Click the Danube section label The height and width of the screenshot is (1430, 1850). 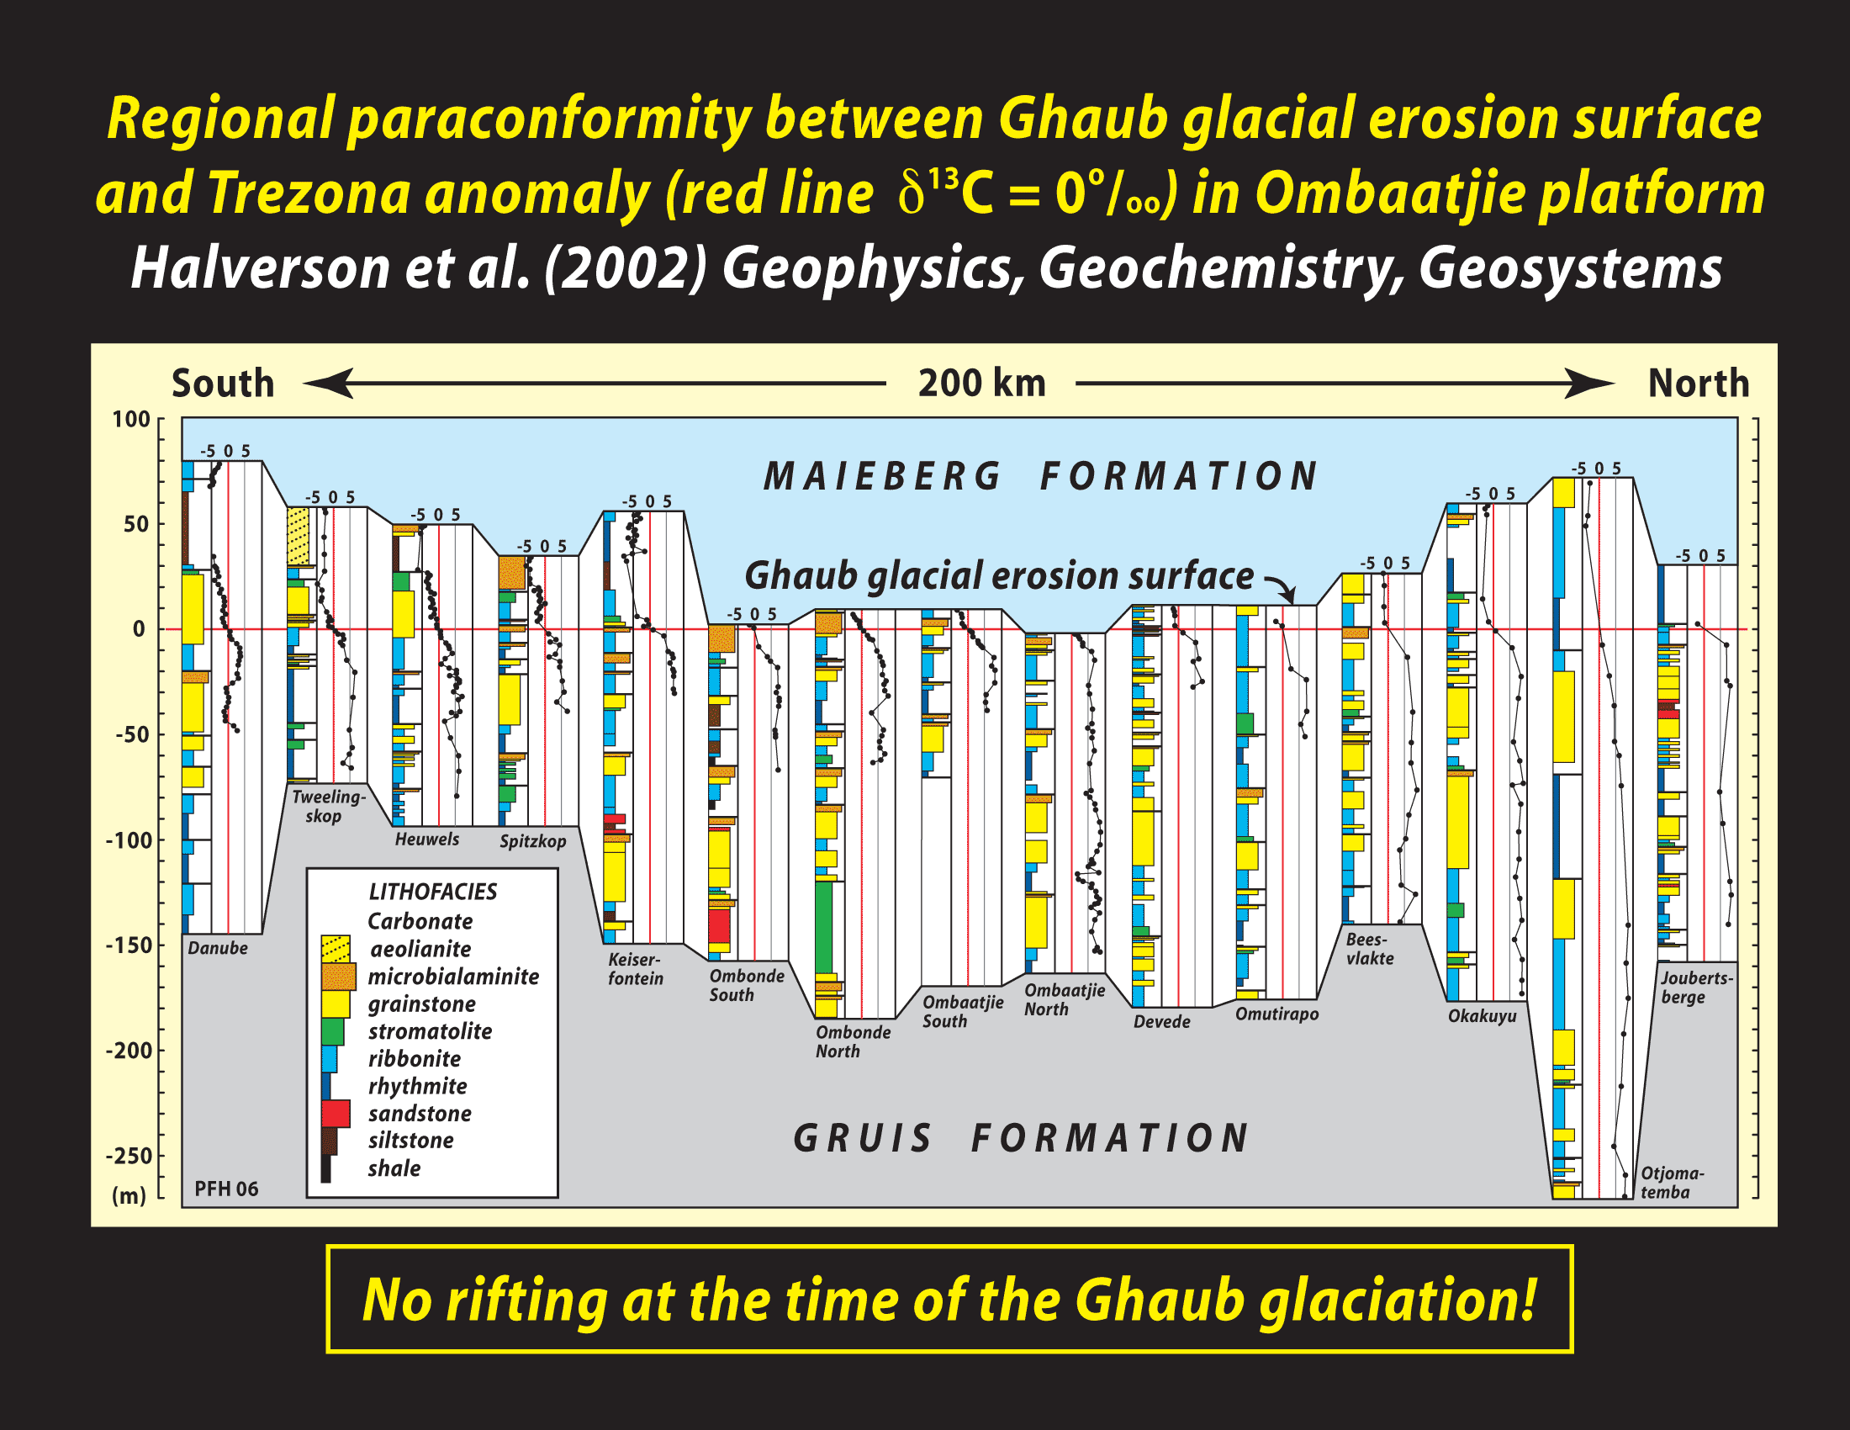pos(218,948)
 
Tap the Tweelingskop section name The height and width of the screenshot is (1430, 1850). pos(329,806)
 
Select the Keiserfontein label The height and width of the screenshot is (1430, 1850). pos(635,969)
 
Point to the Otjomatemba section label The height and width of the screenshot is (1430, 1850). pos(1672,1183)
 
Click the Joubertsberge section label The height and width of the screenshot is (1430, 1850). pos(1697,987)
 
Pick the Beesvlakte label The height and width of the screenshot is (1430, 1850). pos(1370,949)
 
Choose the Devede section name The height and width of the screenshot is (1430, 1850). pos(1161,1022)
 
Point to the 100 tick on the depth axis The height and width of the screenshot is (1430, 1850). pos(131,420)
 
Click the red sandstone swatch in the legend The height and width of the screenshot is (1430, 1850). pos(336,1113)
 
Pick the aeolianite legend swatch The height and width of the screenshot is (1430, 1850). pos(336,949)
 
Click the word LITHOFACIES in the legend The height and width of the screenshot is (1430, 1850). pos(433,891)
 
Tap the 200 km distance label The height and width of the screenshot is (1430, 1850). pos(981,383)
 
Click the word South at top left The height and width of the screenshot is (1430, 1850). pos(223,383)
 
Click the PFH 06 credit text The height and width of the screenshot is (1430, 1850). pos(226,1189)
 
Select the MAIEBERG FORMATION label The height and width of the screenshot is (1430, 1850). pos(1040,476)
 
